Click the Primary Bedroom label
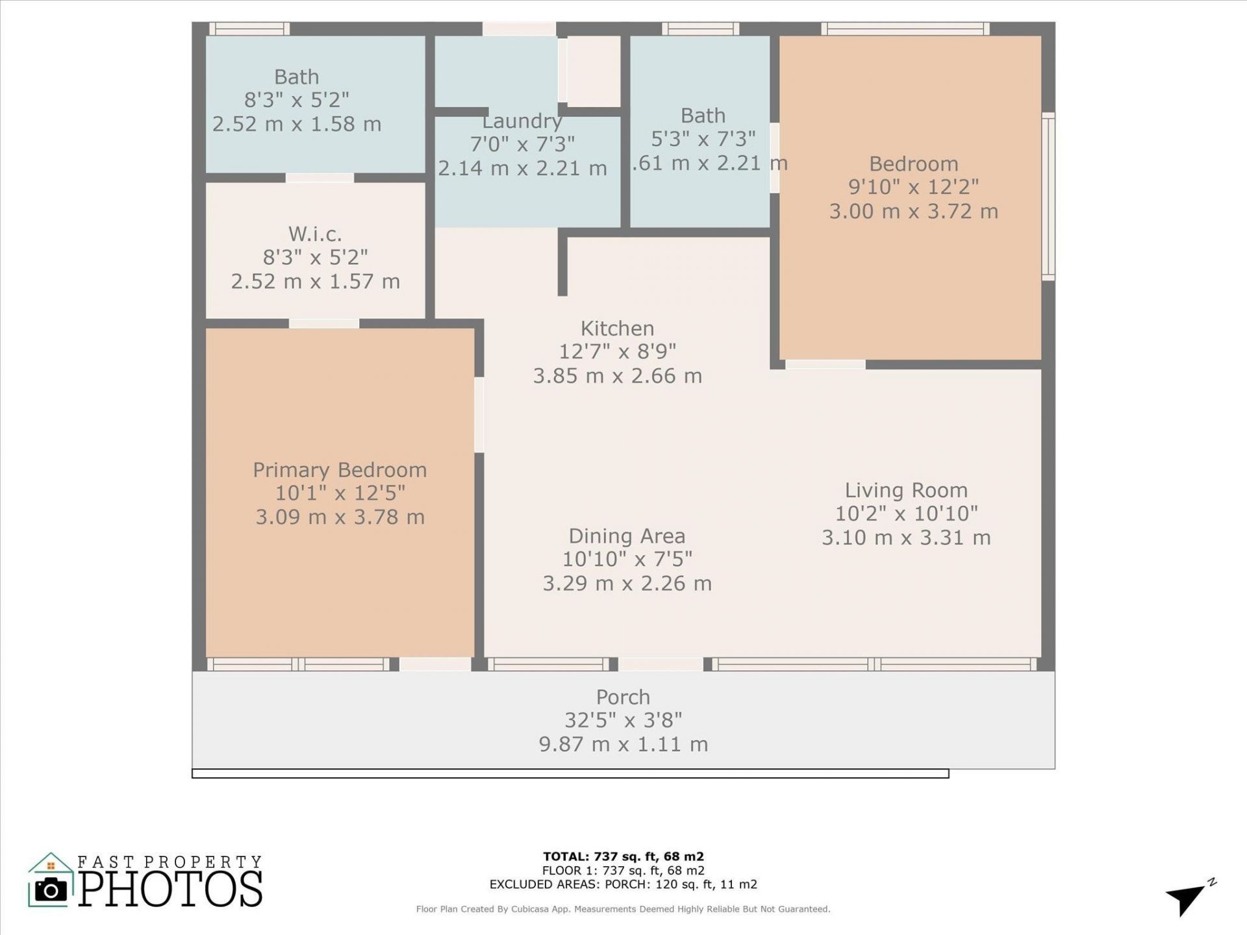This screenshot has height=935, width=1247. [340, 469]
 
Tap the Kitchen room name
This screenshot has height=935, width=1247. [617, 328]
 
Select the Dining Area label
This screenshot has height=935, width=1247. [627, 536]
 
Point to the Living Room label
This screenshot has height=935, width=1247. [906, 490]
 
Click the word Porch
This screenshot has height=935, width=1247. [623, 697]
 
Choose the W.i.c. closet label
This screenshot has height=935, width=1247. [315, 233]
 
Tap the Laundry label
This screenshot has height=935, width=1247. [522, 121]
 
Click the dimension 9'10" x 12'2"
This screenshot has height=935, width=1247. [913, 187]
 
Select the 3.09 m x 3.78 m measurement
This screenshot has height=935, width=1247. [340, 517]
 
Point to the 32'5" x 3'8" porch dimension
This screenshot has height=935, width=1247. [623, 720]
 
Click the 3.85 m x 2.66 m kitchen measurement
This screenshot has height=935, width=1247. [617, 376]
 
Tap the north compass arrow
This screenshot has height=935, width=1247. [1189, 899]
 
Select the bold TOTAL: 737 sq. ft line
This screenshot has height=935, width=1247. [623, 856]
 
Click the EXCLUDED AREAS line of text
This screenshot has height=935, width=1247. [623, 884]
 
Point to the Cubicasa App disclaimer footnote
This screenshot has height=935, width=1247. [623, 909]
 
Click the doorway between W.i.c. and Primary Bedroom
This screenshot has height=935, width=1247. [323, 323]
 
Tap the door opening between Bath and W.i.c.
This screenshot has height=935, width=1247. [320, 178]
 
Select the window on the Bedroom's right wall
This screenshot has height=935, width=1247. [1048, 196]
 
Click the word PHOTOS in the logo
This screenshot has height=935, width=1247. [171, 889]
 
